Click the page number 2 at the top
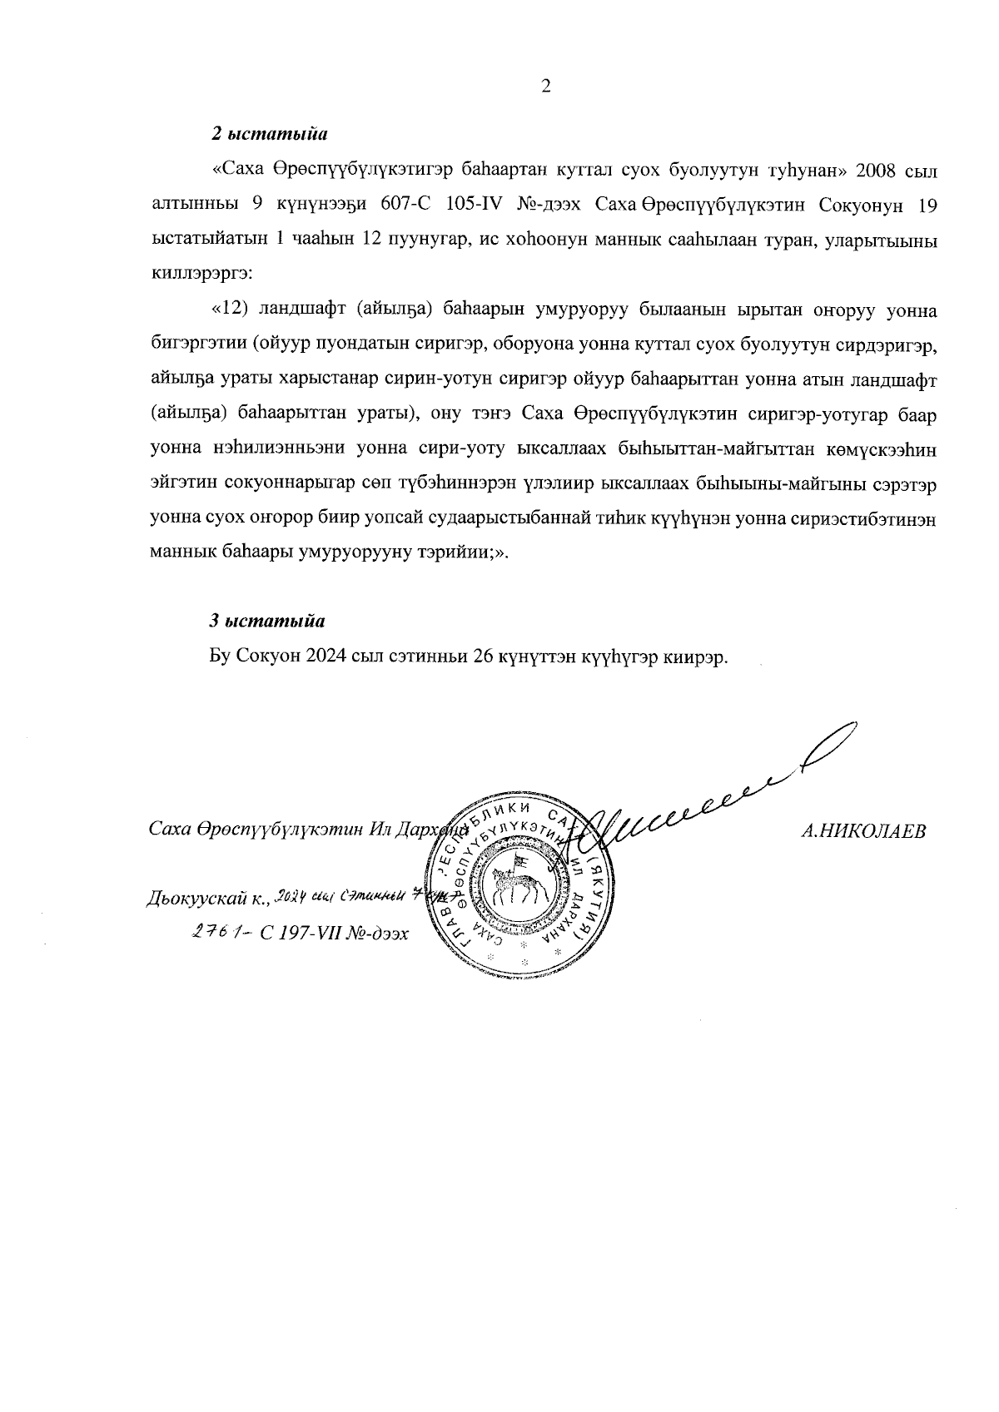547,87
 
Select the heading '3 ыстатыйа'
266,621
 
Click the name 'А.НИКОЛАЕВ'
862,831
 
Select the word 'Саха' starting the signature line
170,831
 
